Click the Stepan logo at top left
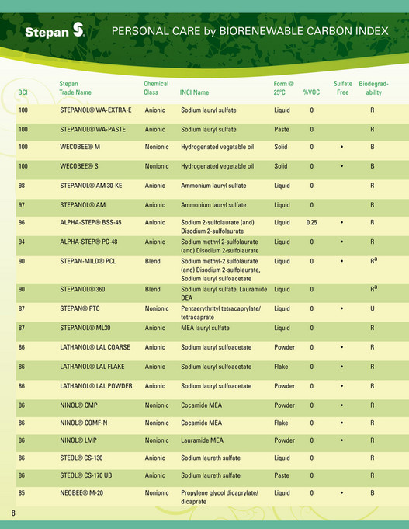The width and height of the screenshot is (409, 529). pos(54,31)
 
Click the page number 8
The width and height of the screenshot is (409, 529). pos(13,513)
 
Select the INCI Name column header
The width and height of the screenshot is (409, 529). pos(194,92)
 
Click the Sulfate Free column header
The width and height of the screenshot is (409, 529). pos(342,88)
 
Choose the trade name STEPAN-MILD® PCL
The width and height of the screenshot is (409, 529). pos(88,262)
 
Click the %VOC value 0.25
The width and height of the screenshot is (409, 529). pos(311,222)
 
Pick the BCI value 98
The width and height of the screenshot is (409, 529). pos(23,186)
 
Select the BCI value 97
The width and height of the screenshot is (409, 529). pos(23,205)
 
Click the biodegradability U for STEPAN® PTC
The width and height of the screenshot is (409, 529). pos(373,309)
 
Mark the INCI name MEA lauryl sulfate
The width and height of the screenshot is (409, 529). pos(207,328)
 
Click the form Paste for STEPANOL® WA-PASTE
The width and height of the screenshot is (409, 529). pos(282,129)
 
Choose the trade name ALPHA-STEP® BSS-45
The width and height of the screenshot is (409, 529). pos(91,222)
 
